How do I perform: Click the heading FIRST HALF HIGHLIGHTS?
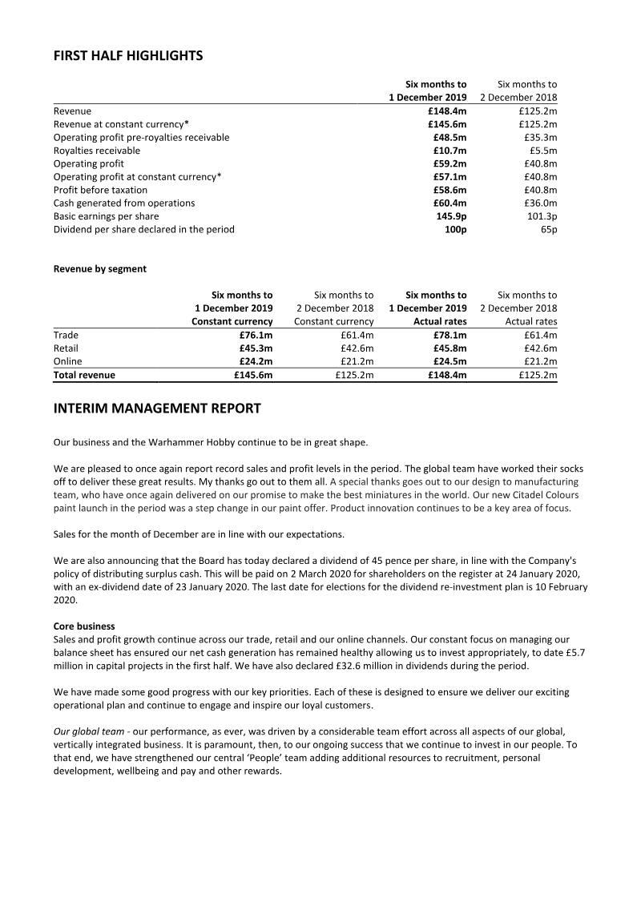pyautogui.click(x=128, y=56)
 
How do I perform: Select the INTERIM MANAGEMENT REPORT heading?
pyautogui.click(x=157, y=409)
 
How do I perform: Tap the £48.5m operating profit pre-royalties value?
pyautogui.click(x=450, y=138)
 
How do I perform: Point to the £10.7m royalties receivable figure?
pyautogui.click(x=450, y=151)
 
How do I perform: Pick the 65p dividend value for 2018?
pyautogui.click(x=549, y=230)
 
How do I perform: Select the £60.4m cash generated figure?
pyautogui.click(x=450, y=203)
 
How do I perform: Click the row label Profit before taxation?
pyautogui.click(x=100, y=191)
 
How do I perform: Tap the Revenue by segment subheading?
pyautogui.click(x=100, y=269)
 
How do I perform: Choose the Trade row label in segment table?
pyautogui.click(x=67, y=335)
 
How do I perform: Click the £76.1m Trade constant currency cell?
pyautogui.click(x=256, y=335)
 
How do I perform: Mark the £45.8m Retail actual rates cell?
pyautogui.click(x=450, y=348)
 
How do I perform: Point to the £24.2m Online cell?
pyautogui.click(x=256, y=361)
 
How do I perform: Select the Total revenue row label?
pyautogui.click(x=84, y=375)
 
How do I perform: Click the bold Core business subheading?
pyautogui.click(x=84, y=626)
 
